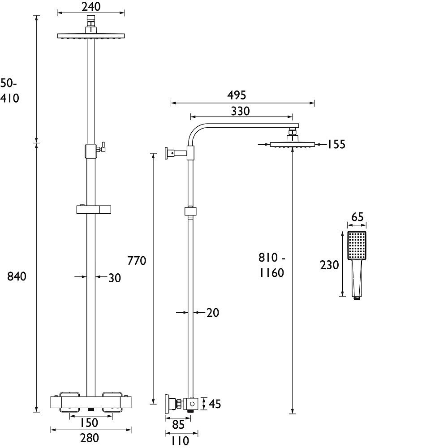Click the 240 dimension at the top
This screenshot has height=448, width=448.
point(91,6)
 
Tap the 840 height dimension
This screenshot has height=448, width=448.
point(17,277)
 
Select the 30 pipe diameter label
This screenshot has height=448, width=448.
point(115,278)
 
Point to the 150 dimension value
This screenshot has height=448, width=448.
point(89,422)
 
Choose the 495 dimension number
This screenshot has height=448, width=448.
point(237,95)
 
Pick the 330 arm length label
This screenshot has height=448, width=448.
point(240,111)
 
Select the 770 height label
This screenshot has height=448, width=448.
point(137,261)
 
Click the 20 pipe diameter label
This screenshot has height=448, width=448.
point(213,313)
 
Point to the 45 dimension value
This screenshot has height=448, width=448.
point(215,404)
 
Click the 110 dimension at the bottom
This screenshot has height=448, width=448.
point(180,441)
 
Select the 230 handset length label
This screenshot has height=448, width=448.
point(329,265)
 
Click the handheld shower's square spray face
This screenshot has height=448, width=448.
point(357,246)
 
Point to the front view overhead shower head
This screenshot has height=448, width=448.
point(91,36)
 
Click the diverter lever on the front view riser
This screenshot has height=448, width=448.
point(102,146)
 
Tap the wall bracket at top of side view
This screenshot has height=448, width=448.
point(170,153)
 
